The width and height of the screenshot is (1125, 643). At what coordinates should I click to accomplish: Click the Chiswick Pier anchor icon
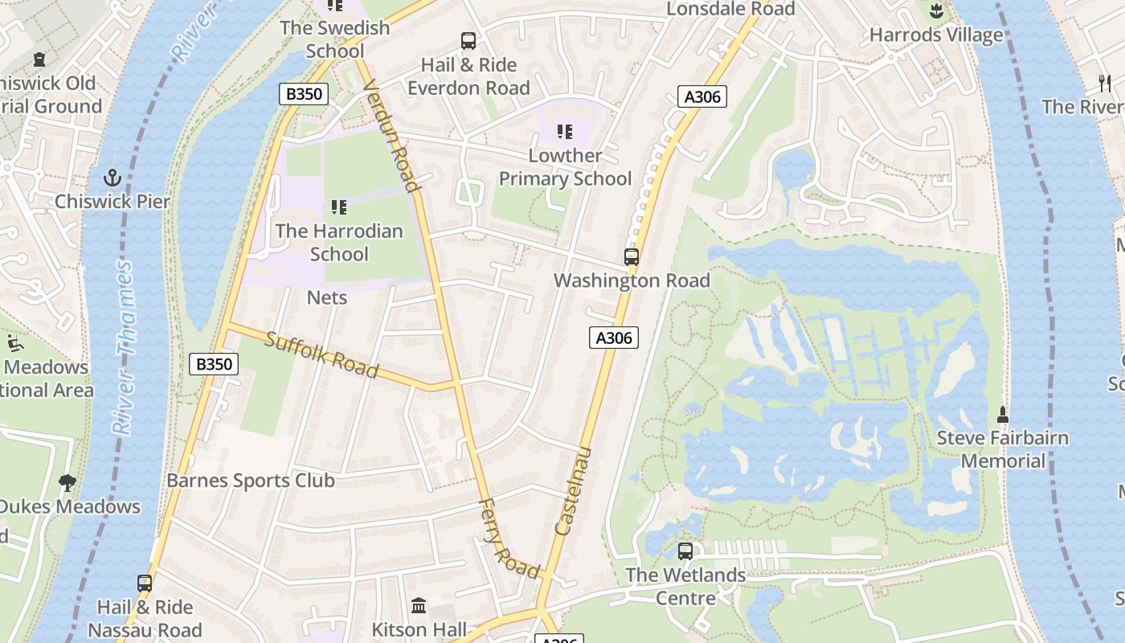click(112, 178)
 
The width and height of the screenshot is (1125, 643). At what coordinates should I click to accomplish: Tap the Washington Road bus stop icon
click(632, 257)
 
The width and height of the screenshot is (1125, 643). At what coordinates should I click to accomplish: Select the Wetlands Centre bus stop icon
click(685, 551)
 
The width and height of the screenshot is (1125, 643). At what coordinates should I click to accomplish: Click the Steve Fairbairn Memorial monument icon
click(1002, 415)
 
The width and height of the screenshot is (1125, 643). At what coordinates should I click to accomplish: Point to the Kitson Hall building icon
click(419, 605)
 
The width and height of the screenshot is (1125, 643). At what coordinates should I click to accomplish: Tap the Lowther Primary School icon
click(565, 131)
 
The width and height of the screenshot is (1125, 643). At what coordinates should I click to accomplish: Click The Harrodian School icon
click(339, 207)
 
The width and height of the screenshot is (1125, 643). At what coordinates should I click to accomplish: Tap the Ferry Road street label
click(509, 539)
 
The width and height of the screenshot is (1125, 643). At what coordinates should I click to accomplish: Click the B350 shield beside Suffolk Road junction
click(214, 364)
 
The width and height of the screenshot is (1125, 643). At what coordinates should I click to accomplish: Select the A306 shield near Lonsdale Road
click(702, 96)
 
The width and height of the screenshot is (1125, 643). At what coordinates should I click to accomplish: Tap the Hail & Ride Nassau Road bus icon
click(145, 584)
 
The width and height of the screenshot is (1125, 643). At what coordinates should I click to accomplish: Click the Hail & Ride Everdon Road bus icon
click(468, 41)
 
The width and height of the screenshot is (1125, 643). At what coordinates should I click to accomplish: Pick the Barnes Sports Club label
click(250, 481)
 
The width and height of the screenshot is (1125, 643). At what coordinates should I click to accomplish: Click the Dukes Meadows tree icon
click(68, 483)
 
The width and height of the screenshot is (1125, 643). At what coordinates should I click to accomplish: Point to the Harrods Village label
click(936, 35)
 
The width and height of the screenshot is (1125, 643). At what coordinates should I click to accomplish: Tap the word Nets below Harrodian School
click(327, 297)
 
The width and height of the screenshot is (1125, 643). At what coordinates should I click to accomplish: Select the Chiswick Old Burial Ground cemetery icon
click(39, 59)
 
